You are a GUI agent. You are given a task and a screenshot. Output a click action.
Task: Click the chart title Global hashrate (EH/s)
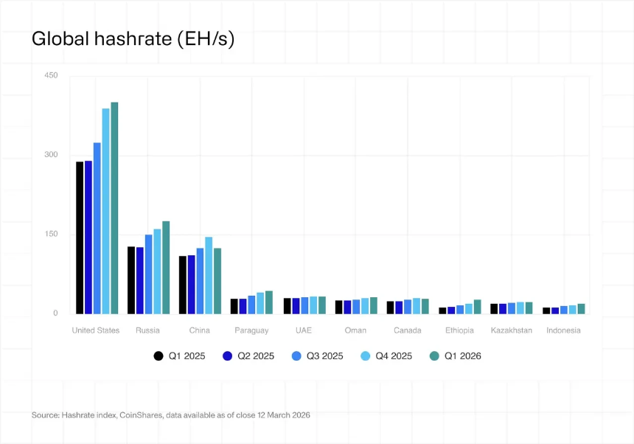133,39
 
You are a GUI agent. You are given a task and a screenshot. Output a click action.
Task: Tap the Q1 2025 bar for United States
80,237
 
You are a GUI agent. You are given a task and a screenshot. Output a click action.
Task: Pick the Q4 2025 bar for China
209,275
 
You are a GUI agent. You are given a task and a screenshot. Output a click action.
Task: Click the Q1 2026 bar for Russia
166,267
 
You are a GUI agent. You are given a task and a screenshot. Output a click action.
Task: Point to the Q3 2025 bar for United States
97,228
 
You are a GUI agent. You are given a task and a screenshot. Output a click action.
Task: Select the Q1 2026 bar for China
217,280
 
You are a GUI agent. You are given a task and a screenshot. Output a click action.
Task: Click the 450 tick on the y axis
51,75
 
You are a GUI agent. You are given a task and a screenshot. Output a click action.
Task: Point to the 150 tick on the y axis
51,234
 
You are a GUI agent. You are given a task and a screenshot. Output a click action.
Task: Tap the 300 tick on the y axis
51,155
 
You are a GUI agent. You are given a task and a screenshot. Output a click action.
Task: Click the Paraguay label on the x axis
251,330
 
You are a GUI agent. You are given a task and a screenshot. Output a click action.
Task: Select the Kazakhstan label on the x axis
511,330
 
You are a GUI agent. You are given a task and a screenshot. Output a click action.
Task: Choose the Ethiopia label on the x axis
459,330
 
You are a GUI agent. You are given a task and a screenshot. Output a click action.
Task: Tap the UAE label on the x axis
304,330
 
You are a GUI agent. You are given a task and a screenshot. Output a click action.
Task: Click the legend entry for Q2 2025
255,356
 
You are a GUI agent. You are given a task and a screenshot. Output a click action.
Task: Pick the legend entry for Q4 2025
394,356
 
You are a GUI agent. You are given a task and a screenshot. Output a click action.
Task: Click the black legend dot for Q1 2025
158,356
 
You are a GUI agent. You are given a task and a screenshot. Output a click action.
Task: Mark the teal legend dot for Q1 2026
434,356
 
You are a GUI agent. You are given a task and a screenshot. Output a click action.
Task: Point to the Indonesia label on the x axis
563,330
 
